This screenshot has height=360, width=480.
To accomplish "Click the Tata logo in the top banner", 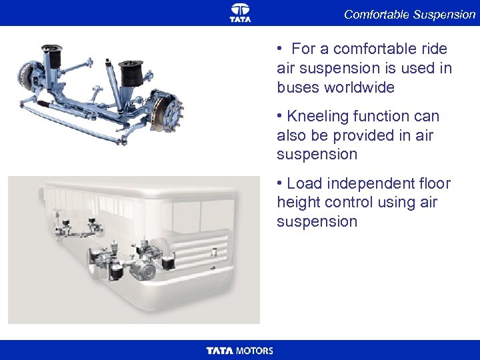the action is [240, 13].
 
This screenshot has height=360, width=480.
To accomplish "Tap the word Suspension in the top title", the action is [444, 15].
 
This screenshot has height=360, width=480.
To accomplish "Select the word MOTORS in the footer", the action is [255, 351].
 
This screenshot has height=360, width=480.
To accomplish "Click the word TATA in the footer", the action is [220, 351].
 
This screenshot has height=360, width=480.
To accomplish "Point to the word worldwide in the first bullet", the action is [359, 87].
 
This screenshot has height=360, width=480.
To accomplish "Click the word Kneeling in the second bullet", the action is [318, 117].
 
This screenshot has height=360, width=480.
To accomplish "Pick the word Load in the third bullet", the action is [304, 184].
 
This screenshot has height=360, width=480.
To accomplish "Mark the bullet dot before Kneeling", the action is [279, 116].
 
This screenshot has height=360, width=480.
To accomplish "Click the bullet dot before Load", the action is [279, 183].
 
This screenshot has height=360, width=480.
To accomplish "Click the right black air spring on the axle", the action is [131, 73].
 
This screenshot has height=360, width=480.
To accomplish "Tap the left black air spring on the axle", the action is [53, 56].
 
